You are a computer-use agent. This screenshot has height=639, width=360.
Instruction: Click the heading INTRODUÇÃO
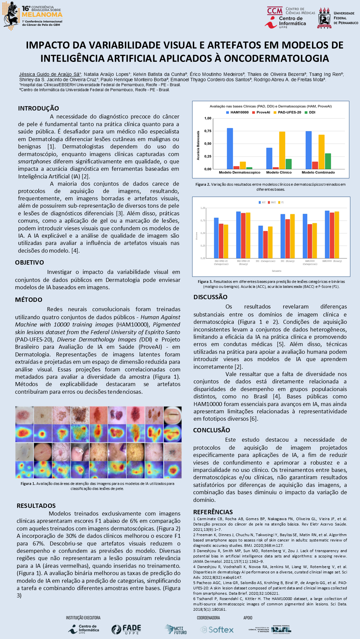[38, 108]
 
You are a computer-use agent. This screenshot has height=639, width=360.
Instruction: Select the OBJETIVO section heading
[29, 262]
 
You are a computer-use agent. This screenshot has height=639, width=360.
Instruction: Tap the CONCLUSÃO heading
[211, 430]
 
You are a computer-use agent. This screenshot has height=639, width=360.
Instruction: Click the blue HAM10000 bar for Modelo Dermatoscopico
[230, 148]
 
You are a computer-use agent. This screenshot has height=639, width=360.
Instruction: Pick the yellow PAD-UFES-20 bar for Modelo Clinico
[282, 150]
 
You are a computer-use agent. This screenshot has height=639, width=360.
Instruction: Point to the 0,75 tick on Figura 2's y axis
[208, 131]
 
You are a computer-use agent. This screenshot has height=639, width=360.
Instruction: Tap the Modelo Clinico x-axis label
[279, 172]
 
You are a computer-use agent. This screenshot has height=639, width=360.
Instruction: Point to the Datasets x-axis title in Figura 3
[276, 271]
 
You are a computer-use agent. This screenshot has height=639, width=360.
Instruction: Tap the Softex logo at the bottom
[217, 629]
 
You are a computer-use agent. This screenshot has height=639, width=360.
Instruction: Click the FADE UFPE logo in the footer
[126, 629]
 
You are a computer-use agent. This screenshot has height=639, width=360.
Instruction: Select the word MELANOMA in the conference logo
[42, 14]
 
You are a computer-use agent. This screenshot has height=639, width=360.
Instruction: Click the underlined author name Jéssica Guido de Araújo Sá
[50, 74]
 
